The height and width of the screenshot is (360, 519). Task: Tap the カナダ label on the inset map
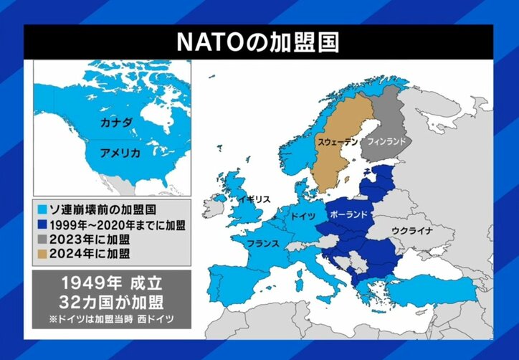[x=116, y=123]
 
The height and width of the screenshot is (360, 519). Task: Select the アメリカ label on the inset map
[x=120, y=153]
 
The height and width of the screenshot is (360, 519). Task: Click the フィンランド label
[x=386, y=142]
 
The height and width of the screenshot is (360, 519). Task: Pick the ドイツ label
[x=302, y=215]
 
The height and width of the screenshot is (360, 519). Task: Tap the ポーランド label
[x=350, y=214]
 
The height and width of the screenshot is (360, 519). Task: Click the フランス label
[x=263, y=244]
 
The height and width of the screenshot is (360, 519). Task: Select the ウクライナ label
[x=411, y=230]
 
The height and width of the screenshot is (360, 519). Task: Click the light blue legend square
[x=43, y=211]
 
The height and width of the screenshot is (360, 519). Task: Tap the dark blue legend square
[x=43, y=225]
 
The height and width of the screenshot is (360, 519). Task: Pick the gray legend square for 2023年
[x=43, y=240]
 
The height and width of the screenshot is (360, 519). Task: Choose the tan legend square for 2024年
[x=43, y=254]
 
